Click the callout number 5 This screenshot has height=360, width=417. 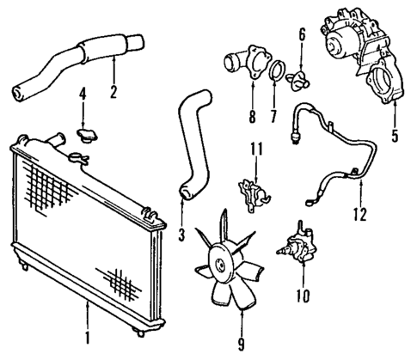point(394,135)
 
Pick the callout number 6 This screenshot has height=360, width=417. point(301,35)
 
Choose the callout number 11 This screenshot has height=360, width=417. point(254,151)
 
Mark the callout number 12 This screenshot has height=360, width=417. point(360,213)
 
